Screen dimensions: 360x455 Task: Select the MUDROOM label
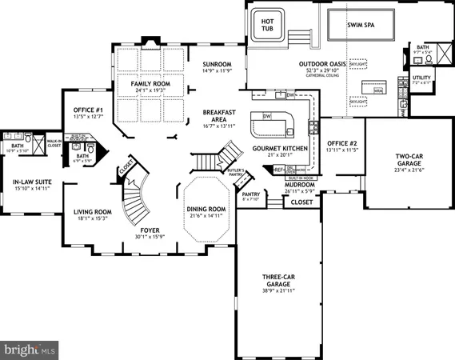(300, 184)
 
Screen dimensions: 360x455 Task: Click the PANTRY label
(251, 193)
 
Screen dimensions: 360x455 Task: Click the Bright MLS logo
(30, 349)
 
